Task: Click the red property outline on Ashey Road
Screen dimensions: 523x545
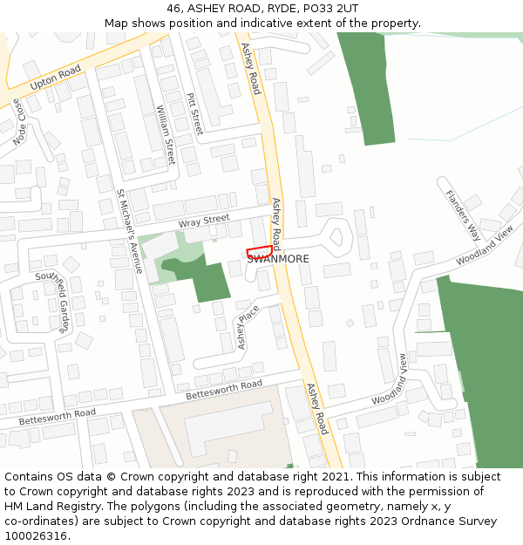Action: pos(260,251)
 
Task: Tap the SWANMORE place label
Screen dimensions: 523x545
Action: pos(278,259)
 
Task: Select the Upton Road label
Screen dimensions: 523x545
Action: pos(55,78)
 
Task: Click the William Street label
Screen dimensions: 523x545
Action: pos(166,134)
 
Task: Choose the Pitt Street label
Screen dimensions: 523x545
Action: pos(194,114)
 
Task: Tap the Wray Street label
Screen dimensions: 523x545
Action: pos(204,221)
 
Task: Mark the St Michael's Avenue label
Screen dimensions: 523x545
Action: pos(129,231)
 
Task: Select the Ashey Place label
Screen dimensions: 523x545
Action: pos(248,326)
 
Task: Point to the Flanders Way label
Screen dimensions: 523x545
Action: pos(463,215)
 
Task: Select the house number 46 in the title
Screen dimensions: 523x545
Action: pos(174,8)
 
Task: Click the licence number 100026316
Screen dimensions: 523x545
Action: pos(37,536)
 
